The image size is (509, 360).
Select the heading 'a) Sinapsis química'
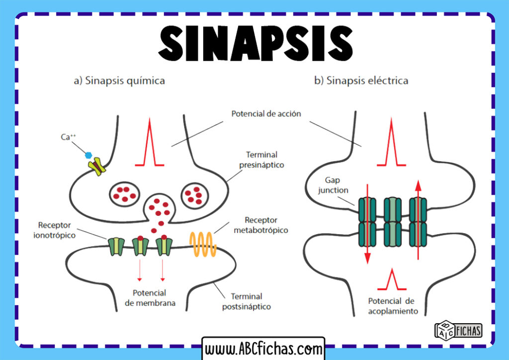pyautogui.click(x=119, y=81)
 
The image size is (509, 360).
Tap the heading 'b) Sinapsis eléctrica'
pyautogui.click(x=361, y=81)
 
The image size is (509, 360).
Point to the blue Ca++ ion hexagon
pyautogui.click(x=89, y=155)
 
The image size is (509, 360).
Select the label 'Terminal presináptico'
pyautogui.click(x=264, y=160)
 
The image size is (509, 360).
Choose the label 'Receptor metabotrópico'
pyautogui.click(x=267, y=225)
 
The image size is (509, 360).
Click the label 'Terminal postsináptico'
pyautogui.click(x=247, y=301)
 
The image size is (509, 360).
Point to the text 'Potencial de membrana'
pyautogui.click(x=150, y=297)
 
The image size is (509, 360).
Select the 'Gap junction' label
pyautogui.click(x=337, y=184)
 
